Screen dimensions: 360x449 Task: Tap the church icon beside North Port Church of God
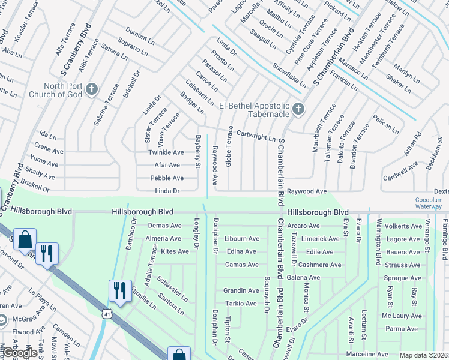[x=91, y=90]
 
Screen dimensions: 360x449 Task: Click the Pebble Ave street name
[x=167, y=178]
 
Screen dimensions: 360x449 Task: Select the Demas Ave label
[x=164, y=226]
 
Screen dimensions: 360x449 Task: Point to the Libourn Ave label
[x=241, y=238]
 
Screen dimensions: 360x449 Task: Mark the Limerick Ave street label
[x=321, y=239]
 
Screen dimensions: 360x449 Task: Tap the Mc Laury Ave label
[x=402, y=316]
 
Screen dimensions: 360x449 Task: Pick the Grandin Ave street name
[x=241, y=290]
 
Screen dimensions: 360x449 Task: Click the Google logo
[x=19, y=353]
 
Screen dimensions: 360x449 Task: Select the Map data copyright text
[x=424, y=355]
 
